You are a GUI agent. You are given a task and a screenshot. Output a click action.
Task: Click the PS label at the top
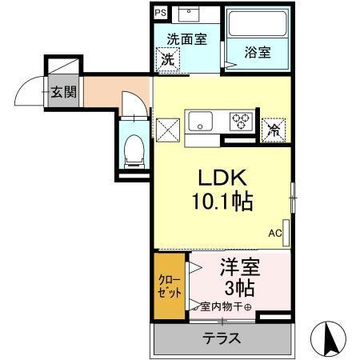(x=160, y=13)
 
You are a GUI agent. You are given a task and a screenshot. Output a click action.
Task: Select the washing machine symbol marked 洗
(x=168, y=58)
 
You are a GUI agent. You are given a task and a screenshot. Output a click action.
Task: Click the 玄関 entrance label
(x=63, y=91)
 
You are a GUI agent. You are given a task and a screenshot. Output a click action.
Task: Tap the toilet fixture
(x=134, y=149)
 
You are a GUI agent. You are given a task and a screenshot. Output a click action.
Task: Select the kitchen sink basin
(x=199, y=122)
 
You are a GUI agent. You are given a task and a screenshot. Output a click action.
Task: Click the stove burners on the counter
(x=241, y=122)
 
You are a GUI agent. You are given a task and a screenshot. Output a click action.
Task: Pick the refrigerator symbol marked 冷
(x=274, y=126)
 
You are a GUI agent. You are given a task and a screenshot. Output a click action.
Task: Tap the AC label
(x=274, y=234)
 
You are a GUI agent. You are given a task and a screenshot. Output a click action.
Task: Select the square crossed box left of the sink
(x=168, y=128)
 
